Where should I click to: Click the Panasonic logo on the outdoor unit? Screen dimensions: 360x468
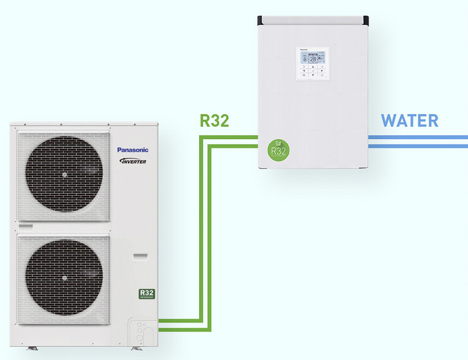[x=132, y=150]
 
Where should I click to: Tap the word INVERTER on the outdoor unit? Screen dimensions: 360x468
[x=132, y=161]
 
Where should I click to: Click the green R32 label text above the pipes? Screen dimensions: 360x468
[x=214, y=121]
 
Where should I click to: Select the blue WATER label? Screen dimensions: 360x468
[x=409, y=121]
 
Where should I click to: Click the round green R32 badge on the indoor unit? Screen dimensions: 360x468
[x=279, y=149]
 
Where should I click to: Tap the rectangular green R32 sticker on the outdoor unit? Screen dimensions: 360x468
[x=146, y=294]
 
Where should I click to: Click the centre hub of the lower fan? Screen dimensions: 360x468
[x=64, y=278]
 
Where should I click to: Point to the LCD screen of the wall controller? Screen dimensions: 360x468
[x=312, y=58]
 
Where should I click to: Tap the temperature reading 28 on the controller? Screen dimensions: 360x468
[x=312, y=59]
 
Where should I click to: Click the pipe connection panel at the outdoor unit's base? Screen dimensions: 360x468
[x=142, y=330]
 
